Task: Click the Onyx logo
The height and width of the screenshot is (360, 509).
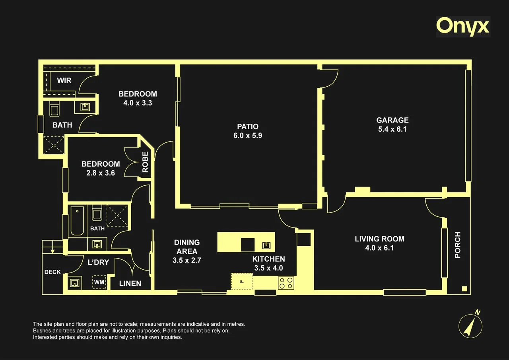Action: pyautogui.click(x=463, y=27)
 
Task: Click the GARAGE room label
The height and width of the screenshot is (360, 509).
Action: pyautogui.click(x=392, y=120)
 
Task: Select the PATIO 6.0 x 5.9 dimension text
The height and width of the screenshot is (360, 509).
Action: pyautogui.click(x=248, y=136)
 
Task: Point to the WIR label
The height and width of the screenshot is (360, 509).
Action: pyautogui.click(x=64, y=80)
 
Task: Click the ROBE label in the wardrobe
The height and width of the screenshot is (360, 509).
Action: pyautogui.click(x=145, y=162)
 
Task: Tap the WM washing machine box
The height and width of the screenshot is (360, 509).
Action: pyautogui.click(x=99, y=282)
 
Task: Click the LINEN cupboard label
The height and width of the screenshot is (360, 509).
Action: pyautogui.click(x=130, y=283)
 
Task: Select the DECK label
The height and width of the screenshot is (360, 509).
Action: pyautogui.click(x=52, y=272)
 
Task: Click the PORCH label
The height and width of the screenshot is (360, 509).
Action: pyautogui.click(x=457, y=245)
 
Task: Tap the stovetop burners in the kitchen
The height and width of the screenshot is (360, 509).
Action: pyautogui.click(x=286, y=283)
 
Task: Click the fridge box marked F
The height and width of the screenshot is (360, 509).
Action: pyautogui.click(x=242, y=281)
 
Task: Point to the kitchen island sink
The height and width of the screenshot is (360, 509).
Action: pyautogui.click(x=266, y=245)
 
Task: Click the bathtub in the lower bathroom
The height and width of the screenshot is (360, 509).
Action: pyautogui.click(x=77, y=221)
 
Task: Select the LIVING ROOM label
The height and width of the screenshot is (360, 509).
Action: pyautogui.click(x=379, y=239)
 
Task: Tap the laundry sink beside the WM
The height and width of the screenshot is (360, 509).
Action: pyautogui.click(x=74, y=283)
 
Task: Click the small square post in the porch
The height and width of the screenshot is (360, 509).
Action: pyautogui.click(x=464, y=289)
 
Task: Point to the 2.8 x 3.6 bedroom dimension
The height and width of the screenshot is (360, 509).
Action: pyautogui.click(x=101, y=173)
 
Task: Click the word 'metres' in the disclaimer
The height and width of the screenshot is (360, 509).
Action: pyautogui.click(x=236, y=324)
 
